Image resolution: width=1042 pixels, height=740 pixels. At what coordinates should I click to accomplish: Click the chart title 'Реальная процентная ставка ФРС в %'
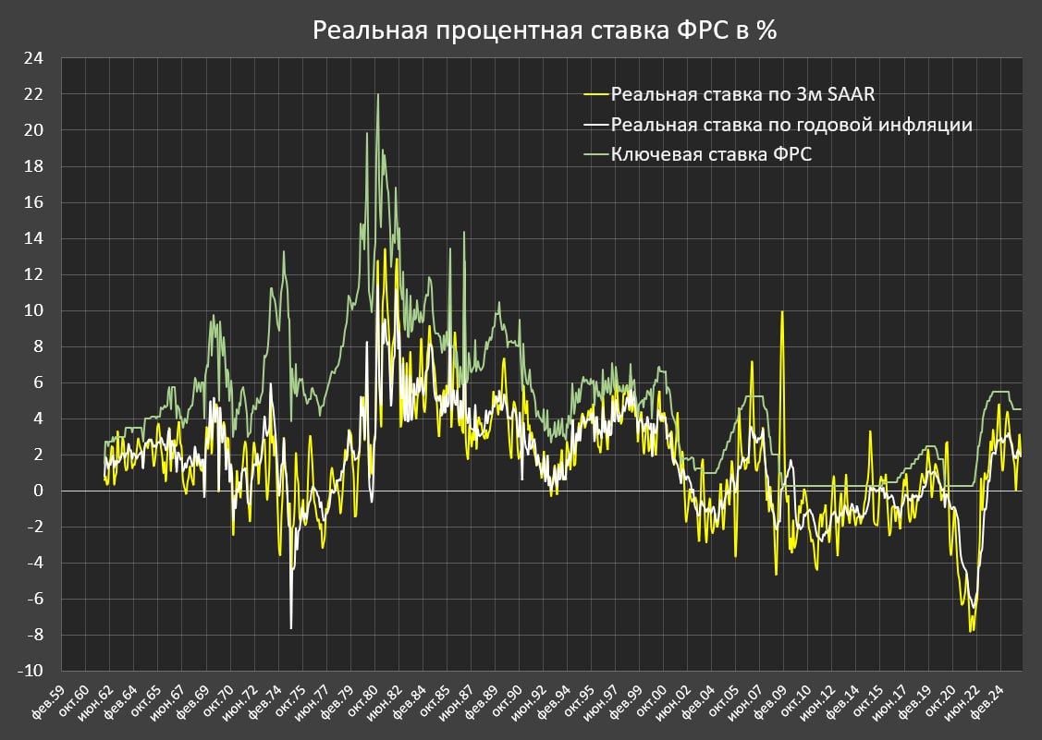point(545,30)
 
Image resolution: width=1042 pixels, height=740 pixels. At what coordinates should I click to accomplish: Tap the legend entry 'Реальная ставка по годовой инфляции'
point(791,124)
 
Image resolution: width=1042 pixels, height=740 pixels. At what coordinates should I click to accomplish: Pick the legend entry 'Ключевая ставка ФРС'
point(712,154)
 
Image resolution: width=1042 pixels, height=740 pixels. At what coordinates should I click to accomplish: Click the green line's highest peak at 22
point(377,94)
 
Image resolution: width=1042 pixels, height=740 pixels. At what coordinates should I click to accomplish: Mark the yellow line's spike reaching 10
point(782,311)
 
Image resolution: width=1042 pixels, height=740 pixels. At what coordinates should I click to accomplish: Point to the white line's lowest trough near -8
point(291,628)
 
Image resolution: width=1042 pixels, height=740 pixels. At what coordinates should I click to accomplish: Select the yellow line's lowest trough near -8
point(971,631)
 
